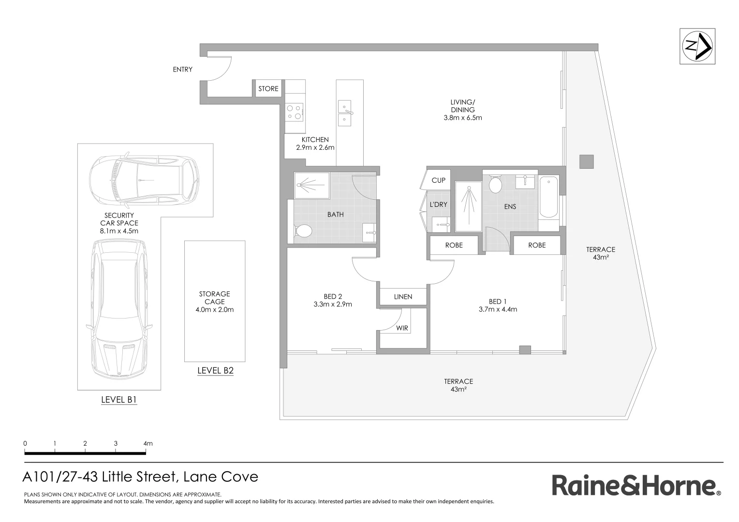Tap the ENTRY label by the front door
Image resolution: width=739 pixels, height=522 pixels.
[x=182, y=70]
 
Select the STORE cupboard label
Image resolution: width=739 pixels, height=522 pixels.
[x=268, y=89]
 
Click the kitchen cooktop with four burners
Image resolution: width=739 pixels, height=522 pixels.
[x=294, y=112]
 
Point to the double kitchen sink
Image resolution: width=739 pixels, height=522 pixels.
[x=345, y=113]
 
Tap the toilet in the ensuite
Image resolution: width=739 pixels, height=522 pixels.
[x=495, y=184]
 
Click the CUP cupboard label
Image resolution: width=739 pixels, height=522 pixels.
[x=438, y=180]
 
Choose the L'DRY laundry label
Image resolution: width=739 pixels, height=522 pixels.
[x=439, y=204]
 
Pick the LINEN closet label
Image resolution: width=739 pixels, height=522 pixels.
[x=403, y=297]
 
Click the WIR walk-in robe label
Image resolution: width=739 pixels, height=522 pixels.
[x=402, y=328]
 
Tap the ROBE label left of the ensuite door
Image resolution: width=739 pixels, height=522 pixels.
[x=454, y=246]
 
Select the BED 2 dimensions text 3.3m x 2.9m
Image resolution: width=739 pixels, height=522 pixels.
[x=332, y=304]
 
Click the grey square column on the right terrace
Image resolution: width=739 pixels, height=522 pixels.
[x=586, y=161]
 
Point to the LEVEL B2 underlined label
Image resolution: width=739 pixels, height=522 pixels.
[x=215, y=371]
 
